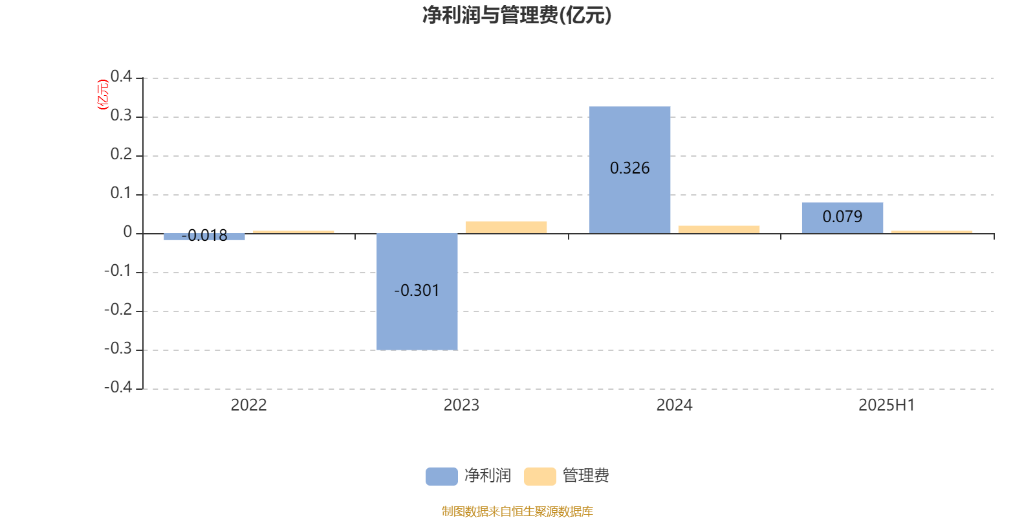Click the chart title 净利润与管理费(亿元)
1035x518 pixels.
pos(517,16)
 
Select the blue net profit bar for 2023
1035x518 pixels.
pos(417,292)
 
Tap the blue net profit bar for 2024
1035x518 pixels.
pos(629,170)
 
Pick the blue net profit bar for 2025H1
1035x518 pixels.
pos(842,218)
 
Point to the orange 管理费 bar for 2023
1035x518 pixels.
pos(506,227)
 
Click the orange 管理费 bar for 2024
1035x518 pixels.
pos(719,229)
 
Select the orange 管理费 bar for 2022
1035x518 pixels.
pos(293,232)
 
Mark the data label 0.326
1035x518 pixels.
pos(629,168)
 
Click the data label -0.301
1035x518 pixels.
pos(417,291)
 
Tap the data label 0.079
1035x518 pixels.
pos(842,216)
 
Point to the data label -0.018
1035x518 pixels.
pos(204,236)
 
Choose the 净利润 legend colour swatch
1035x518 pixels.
pos(441,477)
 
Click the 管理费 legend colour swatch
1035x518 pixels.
pos(539,477)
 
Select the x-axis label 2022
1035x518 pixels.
pos(248,405)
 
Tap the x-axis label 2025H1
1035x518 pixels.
pos(887,405)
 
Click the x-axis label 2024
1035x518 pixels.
pos(674,405)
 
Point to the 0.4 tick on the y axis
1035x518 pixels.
pos(121,76)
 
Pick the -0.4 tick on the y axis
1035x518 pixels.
pos(118,387)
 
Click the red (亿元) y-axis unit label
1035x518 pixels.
pos(103,95)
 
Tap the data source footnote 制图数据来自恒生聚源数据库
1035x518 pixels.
pos(517,511)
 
